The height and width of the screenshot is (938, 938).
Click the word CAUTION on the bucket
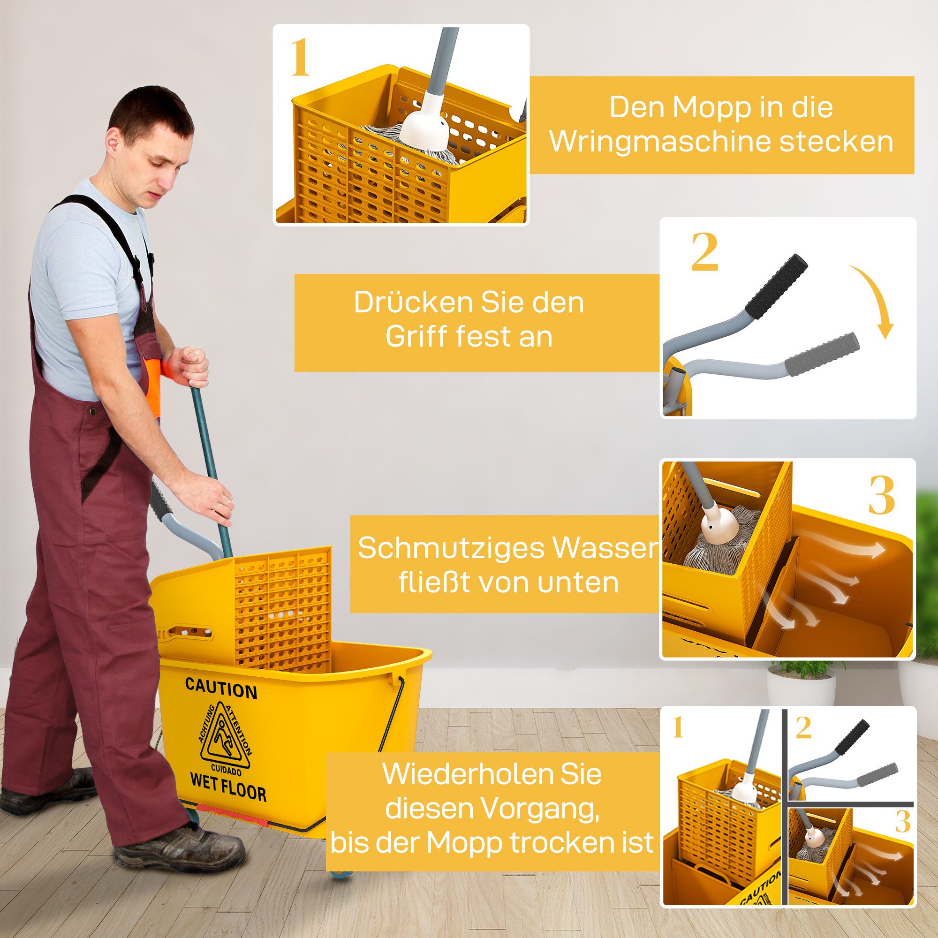(221, 690)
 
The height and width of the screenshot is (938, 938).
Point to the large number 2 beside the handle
(704, 252)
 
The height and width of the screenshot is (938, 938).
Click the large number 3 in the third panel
(881, 497)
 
